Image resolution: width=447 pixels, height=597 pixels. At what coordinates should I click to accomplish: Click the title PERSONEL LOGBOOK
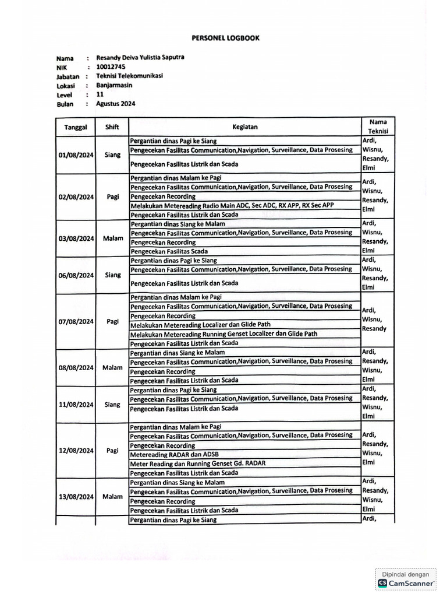click(226, 38)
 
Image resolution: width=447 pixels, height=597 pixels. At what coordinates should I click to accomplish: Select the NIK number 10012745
click(110, 66)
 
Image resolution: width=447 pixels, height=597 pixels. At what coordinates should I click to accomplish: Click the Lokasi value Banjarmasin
click(115, 85)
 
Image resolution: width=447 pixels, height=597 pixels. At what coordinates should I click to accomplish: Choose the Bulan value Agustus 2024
click(116, 103)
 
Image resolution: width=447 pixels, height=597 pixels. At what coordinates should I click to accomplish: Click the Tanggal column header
click(76, 127)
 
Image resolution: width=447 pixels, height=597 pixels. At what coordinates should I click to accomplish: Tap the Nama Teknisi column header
click(378, 127)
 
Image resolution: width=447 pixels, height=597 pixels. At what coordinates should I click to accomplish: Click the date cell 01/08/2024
click(76, 155)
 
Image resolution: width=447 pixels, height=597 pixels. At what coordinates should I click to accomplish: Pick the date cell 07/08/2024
click(76, 321)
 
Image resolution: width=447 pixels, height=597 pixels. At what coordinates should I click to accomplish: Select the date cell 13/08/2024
click(76, 497)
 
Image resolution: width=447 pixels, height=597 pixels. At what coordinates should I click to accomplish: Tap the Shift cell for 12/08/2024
click(112, 451)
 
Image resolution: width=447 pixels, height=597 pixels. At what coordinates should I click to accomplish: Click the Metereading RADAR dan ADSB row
click(175, 454)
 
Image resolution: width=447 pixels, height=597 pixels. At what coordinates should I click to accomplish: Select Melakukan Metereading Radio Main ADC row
click(232, 206)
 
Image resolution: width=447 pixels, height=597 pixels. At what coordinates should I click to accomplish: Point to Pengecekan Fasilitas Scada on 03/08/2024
click(169, 251)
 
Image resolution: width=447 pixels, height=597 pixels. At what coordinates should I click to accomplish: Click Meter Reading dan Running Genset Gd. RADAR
click(198, 463)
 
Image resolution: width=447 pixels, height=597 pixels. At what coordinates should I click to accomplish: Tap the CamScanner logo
click(406, 582)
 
